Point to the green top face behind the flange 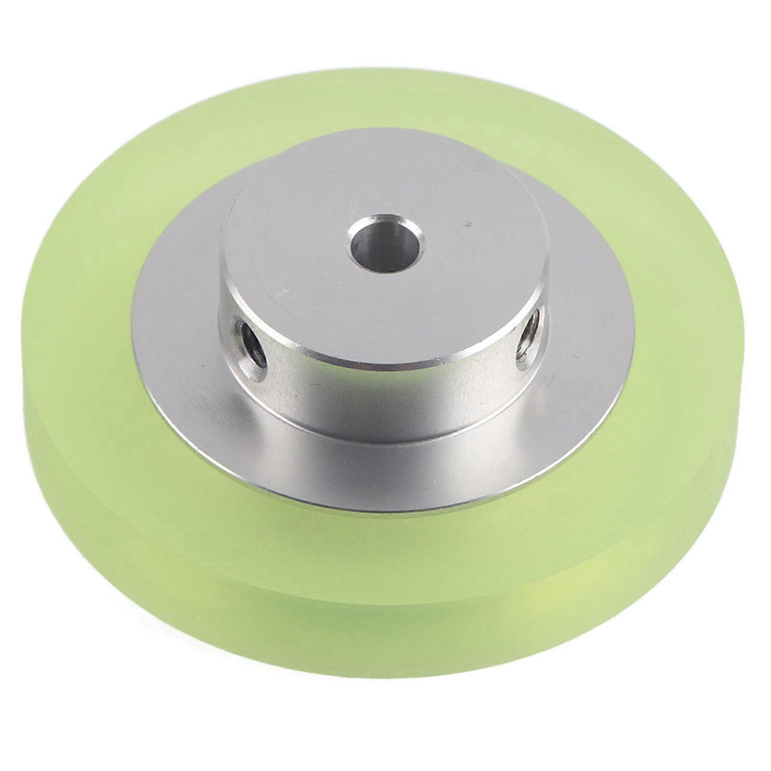pyautogui.click(x=385, y=96)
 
